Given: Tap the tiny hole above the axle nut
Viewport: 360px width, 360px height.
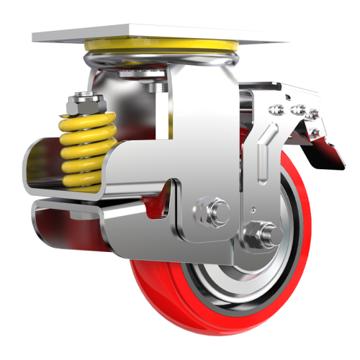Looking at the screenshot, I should tap(253, 210).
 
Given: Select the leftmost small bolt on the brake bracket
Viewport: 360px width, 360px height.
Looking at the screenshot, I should tap(274, 109).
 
